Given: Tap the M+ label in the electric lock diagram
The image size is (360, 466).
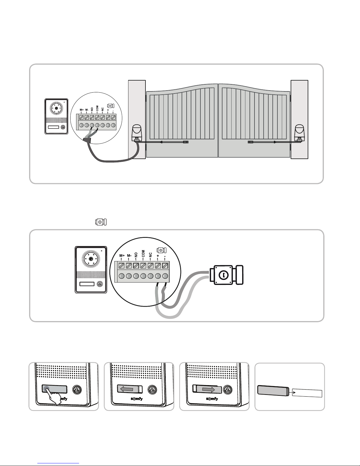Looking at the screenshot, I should tap(122, 256).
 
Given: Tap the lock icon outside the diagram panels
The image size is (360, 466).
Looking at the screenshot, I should tap(101, 222).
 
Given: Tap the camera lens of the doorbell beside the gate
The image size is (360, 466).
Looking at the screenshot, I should tap(56, 108).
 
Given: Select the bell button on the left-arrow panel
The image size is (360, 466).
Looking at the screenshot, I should tap(151, 389).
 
